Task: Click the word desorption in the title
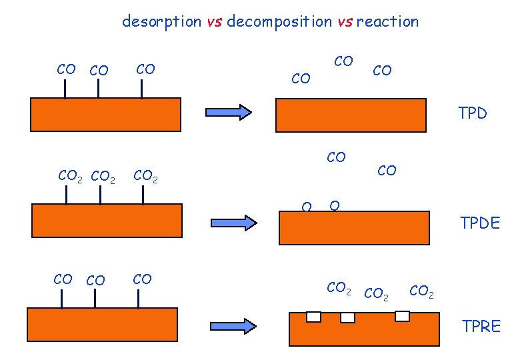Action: (161, 21)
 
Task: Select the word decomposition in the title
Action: (279, 21)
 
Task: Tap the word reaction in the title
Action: (387, 21)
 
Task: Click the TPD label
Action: (473, 113)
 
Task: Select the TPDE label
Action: (479, 223)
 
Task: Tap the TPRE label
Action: (481, 326)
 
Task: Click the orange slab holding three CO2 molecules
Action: (107, 221)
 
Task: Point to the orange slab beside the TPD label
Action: (351, 115)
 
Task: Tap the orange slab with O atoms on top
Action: (354, 228)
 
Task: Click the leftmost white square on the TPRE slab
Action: (313, 317)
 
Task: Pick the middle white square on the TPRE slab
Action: (347, 318)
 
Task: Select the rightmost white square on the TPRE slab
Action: (402, 316)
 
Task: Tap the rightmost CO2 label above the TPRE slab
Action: (421, 291)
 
